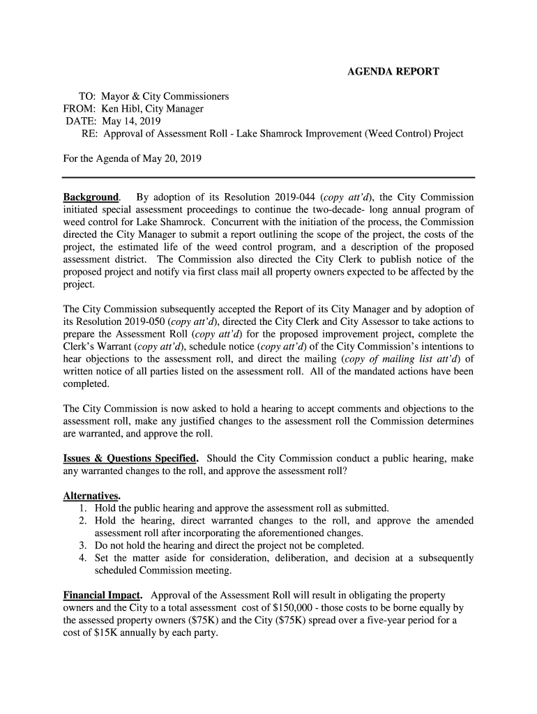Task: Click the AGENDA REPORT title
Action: pyautogui.click(x=393, y=72)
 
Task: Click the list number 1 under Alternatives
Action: pyautogui.click(x=82, y=508)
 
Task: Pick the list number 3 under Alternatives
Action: pyautogui.click(x=82, y=545)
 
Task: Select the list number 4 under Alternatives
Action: pyautogui.click(x=82, y=558)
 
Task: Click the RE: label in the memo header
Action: pyautogui.click(x=89, y=133)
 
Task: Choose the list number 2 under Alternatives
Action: pyautogui.click(x=82, y=521)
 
